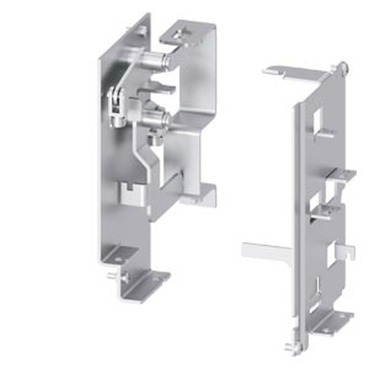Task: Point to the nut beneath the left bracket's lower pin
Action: (x=154, y=139)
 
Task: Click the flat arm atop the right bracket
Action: (x=295, y=74)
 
